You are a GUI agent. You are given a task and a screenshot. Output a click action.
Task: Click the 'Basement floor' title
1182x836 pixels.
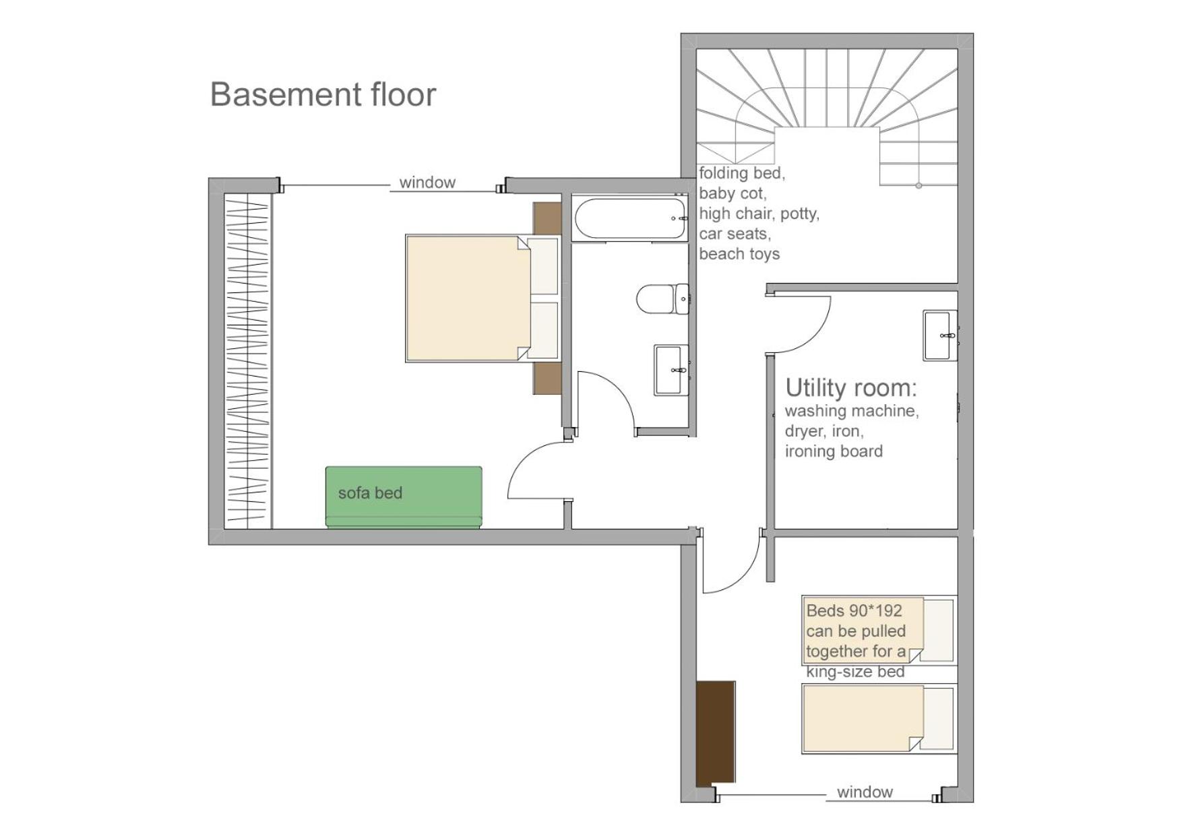click(x=323, y=94)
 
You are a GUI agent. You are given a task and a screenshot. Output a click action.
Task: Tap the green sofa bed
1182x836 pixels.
click(x=404, y=496)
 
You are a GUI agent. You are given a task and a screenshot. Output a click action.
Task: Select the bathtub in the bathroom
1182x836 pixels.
click(x=630, y=218)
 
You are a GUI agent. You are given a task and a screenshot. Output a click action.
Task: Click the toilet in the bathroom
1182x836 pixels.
click(x=663, y=298)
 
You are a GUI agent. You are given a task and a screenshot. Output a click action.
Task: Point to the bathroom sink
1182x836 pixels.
click(x=671, y=370)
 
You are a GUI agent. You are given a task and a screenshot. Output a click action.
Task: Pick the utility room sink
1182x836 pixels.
click(x=940, y=335)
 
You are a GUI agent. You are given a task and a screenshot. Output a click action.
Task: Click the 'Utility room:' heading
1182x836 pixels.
click(x=851, y=388)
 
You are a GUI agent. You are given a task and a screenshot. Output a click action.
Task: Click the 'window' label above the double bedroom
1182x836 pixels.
click(x=427, y=183)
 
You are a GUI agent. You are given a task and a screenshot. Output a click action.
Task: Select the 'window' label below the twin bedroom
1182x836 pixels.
click(x=865, y=792)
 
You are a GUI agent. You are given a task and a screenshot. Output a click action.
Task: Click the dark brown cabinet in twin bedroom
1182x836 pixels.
click(x=716, y=734)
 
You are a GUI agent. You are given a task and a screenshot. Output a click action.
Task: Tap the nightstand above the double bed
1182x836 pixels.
click(x=547, y=218)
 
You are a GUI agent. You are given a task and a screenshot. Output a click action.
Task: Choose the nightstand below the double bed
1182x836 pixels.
click(x=547, y=379)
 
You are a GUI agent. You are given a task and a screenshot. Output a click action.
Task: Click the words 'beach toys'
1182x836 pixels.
click(x=739, y=254)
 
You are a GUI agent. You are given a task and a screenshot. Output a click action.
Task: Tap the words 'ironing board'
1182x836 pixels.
click(x=834, y=451)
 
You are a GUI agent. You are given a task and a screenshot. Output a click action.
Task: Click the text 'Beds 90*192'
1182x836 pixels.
click(x=854, y=611)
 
